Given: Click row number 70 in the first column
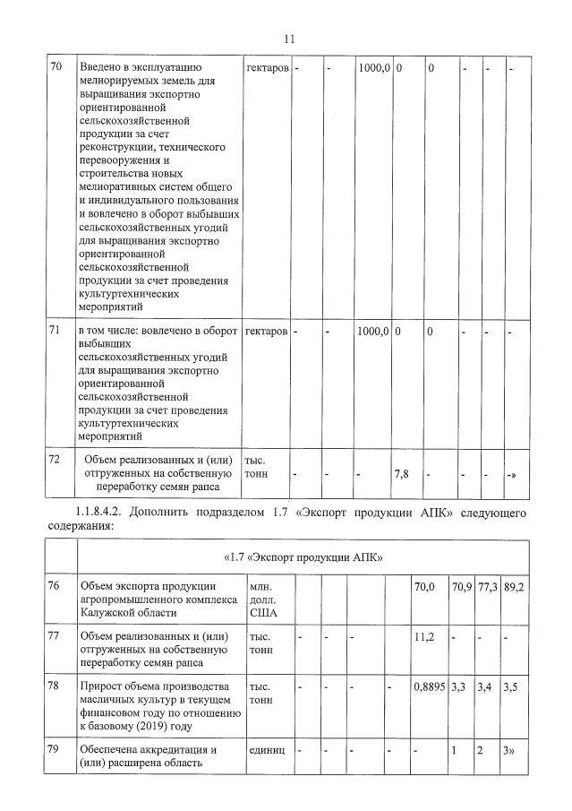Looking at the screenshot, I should [x=56, y=67].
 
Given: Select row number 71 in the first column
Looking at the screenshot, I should [x=56, y=332].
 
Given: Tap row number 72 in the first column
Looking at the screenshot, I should [x=56, y=459].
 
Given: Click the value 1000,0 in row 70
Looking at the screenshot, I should [x=373, y=67].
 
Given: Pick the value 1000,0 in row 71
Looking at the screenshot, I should [x=373, y=332].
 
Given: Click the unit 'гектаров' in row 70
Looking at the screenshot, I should [x=266, y=67].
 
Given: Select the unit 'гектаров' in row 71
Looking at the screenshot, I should [x=266, y=332].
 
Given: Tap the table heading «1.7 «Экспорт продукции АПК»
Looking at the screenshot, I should [x=305, y=557].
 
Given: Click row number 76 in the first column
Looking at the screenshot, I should [x=56, y=587].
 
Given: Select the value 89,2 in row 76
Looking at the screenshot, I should [x=514, y=587].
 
